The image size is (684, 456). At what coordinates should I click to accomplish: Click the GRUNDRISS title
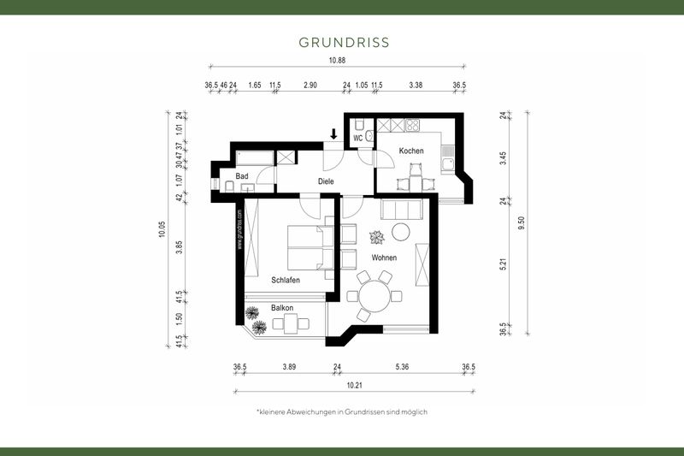pyautogui.click(x=344, y=41)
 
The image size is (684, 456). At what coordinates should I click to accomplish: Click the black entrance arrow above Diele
pyautogui.click(x=333, y=133)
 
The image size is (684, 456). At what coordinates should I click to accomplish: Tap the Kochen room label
pyautogui.click(x=411, y=151)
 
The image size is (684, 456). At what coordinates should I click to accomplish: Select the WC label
pyautogui.click(x=358, y=136)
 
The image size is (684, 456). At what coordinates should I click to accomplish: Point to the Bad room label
pyautogui.click(x=242, y=175)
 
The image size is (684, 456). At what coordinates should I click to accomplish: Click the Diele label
pyautogui.click(x=326, y=181)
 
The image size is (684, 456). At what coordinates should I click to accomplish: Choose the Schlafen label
pyautogui.click(x=285, y=280)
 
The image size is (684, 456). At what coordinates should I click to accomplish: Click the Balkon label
pyautogui.click(x=283, y=307)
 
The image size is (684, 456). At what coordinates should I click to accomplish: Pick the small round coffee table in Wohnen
pyautogui.click(x=400, y=231)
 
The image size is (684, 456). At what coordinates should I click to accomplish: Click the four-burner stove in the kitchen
pyautogui.click(x=411, y=126)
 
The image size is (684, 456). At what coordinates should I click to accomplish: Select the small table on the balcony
pyautogui.click(x=291, y=323)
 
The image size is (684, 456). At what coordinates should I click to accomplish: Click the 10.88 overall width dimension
pyautogui.click(x=338, y=59)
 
